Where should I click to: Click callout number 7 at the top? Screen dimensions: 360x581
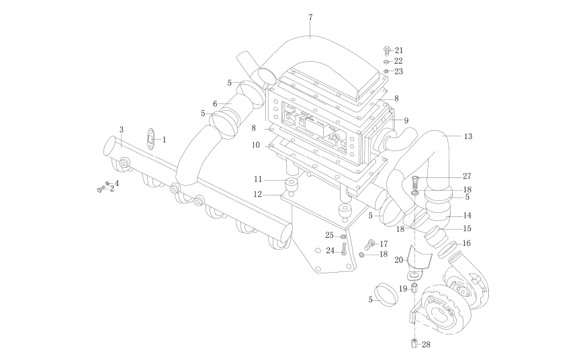[x=310, y=15]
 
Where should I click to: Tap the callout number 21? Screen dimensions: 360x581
[x=399, y=50]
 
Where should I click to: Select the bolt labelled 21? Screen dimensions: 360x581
[x=386, y=50]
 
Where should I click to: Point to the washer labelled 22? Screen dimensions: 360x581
[x=387, y=61]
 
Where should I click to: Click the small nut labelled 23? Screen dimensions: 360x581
[x=387, y=71]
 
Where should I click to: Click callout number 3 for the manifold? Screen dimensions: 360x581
[x=122, y=129]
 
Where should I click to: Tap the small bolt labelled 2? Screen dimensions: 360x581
[x=101, y=190]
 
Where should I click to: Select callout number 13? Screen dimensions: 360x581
[x=468, y=136]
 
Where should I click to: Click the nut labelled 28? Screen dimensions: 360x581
[x=414, y=345]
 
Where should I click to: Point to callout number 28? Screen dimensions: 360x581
[x=426, y=345]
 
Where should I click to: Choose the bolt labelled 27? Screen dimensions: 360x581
[x=414, y=180]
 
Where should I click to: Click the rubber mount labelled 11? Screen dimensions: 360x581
[x=293, y=184]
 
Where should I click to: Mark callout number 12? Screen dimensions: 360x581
[x=257, y=194]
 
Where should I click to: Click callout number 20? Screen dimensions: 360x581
[x=398, y=259]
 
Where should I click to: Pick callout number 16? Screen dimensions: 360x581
[x=467, y=243]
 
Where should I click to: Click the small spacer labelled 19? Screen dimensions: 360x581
[x=414, y=288]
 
